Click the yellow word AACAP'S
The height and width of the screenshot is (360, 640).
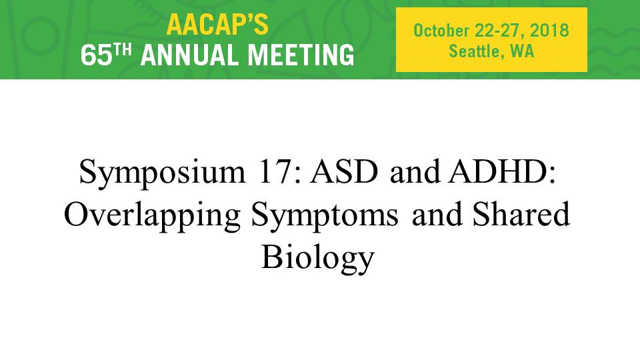coord(217,24)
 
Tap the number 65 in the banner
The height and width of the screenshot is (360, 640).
coord(96,55)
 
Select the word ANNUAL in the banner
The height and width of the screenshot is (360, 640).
coord(190,55)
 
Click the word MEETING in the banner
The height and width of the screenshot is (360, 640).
coord(301,55)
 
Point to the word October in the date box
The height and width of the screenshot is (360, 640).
coord(441,31)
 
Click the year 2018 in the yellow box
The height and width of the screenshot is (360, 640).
coord(549,31)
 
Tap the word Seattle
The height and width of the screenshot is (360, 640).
coord(474,51)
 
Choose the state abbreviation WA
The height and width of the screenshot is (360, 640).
coord(522,51)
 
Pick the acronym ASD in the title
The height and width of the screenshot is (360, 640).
coord(344,171)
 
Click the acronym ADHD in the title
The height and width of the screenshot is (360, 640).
coord(502,171)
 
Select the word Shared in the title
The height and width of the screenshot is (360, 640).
coord(521,214)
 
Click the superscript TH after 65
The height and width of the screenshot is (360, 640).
coord(123,50)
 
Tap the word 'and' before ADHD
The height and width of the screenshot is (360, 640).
coord(415,171)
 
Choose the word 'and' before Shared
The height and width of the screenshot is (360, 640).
coord(437,214)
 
